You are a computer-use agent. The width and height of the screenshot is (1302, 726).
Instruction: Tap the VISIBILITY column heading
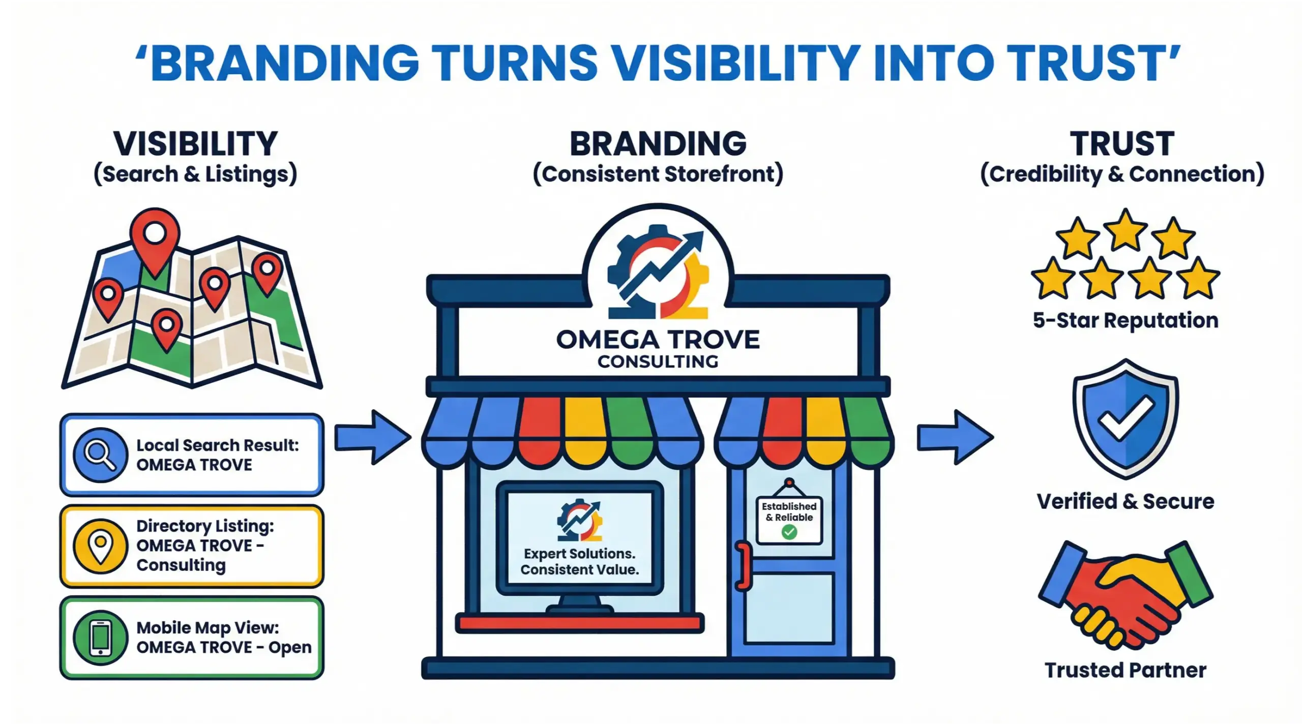(x=195, y=144)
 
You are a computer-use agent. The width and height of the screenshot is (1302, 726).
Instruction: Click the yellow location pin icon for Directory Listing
(x=100, y=546)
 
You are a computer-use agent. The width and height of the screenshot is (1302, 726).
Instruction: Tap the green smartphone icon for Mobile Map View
(x=100, y=638)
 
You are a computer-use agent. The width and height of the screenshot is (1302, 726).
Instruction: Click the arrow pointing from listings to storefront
(x=372, y=437)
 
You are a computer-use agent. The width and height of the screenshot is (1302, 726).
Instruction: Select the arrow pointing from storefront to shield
(x=955, y=437)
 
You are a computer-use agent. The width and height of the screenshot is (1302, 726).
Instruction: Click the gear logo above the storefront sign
(x=658, y=272)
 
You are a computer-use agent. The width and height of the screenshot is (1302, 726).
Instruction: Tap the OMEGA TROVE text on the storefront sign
(x=658, y=340)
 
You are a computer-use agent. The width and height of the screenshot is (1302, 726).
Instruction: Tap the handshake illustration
(x=1126, y=595)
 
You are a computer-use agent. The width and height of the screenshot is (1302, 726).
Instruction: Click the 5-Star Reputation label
(x=1126, y=321)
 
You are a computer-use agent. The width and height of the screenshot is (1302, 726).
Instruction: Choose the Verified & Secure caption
(x=1126, y=501)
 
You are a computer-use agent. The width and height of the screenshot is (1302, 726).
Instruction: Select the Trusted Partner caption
(x=1126, y=670)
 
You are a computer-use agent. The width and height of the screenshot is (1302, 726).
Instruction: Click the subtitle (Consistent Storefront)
(x=658, y=174)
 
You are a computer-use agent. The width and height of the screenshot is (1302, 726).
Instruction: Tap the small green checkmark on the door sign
(x=789, y=532)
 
